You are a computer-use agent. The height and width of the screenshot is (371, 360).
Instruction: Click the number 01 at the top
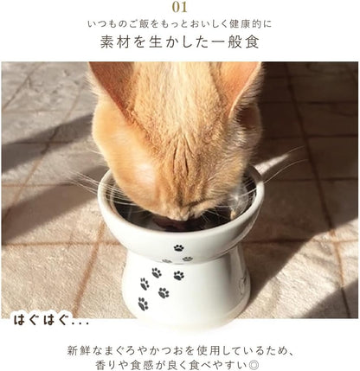(x=179, y=8)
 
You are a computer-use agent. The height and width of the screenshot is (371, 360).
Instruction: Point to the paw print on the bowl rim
(x=177, y=247)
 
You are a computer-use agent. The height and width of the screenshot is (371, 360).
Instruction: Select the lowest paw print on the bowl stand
(x=143, y=304)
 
